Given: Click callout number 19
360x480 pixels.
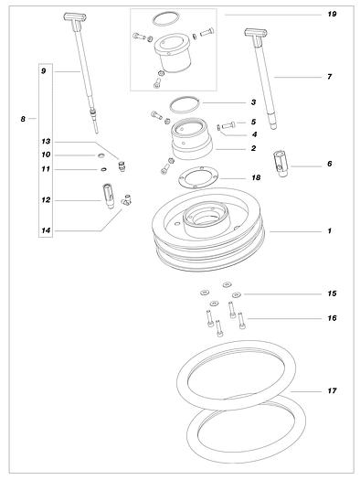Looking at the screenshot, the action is tap(332, 14).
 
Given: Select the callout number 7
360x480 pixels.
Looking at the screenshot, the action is tap(330, 77).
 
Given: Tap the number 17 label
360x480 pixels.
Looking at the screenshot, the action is tap(332, 391).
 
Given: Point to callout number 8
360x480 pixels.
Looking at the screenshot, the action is tap(23, 119).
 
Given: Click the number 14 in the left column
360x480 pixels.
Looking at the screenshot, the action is tap(46, 230).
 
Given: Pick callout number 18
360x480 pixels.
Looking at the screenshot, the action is tap(256, 177).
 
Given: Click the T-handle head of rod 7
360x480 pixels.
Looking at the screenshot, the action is tap(256, 33).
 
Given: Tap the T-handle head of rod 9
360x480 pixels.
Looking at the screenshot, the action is tap(75, 16).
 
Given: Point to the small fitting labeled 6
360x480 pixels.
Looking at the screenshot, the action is tap(281, 164).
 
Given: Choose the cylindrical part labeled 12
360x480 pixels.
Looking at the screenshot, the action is tap(109, 196).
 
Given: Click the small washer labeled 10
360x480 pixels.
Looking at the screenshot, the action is tap(101, 155).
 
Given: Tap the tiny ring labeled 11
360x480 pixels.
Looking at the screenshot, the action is tap(104, 169).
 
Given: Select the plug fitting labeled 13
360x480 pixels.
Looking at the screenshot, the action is tap(122, 166).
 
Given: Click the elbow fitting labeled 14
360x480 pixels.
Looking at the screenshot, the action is tap(126, 199).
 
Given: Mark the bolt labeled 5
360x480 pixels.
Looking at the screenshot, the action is tap(228, 125).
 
